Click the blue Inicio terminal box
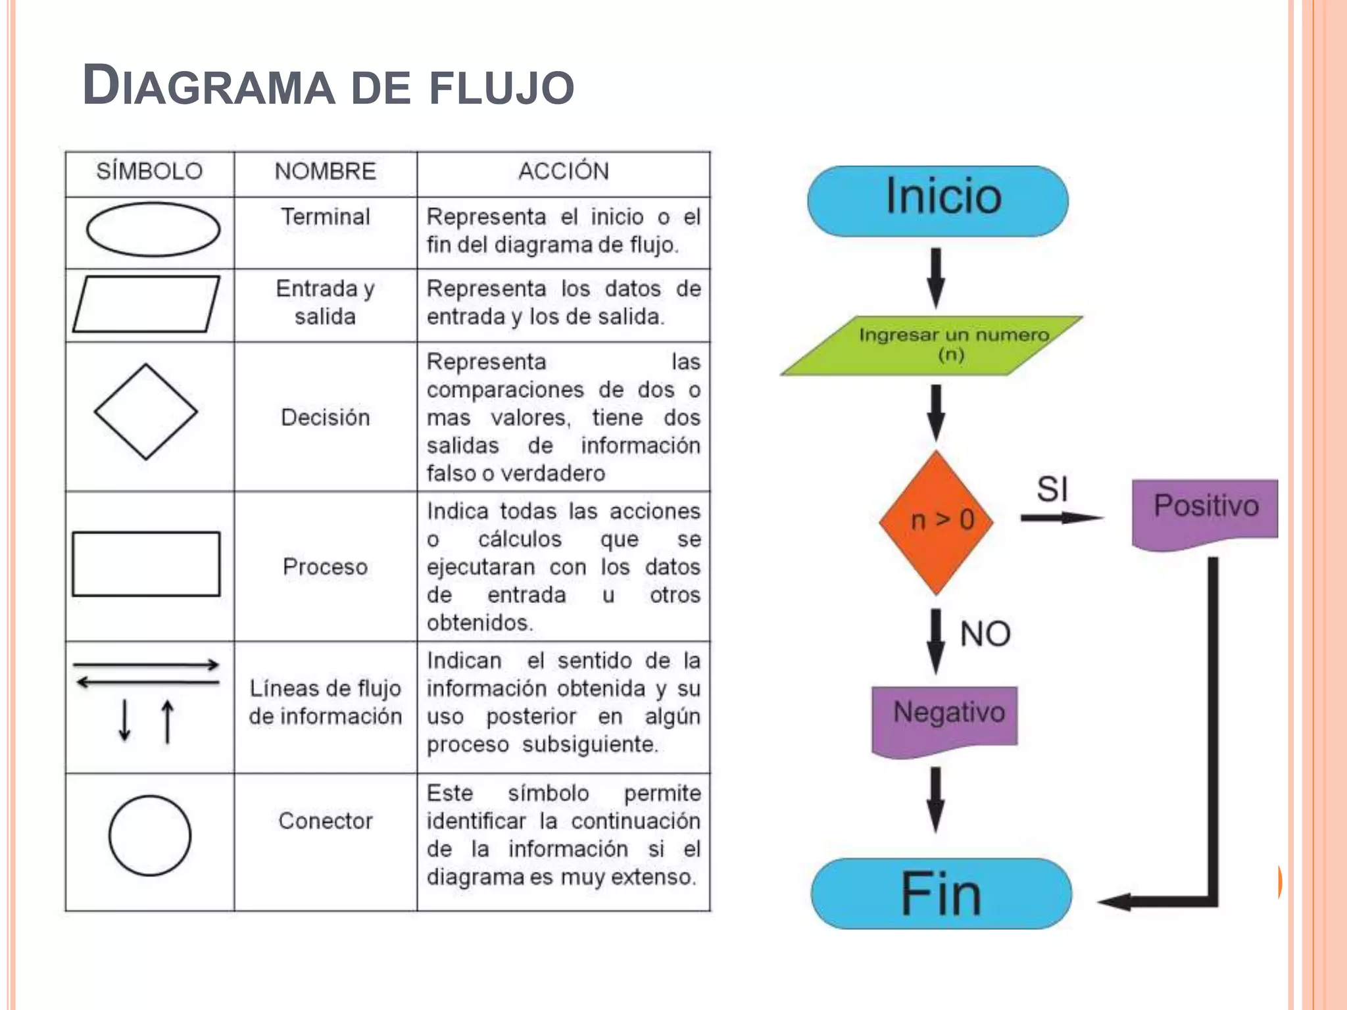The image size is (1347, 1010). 938,200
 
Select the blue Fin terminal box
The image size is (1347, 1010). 941,893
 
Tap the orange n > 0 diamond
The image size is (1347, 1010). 937,522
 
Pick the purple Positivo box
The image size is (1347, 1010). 1205,510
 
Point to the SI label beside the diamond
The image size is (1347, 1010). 1052,489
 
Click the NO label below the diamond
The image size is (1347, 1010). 985,634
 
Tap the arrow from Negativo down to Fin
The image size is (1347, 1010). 936,799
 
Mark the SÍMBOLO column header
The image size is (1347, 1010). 149,172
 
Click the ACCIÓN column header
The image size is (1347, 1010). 564,172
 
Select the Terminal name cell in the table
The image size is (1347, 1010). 326,217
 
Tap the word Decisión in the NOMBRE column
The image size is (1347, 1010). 326,418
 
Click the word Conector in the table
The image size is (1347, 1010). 326,821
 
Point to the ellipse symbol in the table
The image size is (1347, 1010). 153,229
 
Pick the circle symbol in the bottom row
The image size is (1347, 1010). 150,835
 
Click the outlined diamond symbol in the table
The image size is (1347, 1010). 146,412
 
